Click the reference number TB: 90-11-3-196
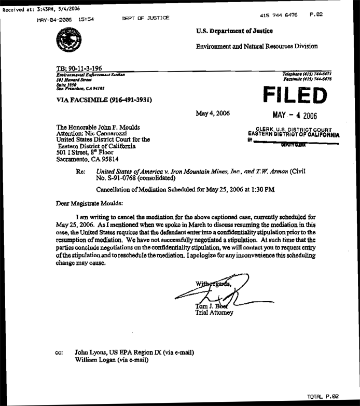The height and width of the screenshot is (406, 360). [85, 68]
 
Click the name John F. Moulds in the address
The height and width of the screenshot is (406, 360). [114, 127]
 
